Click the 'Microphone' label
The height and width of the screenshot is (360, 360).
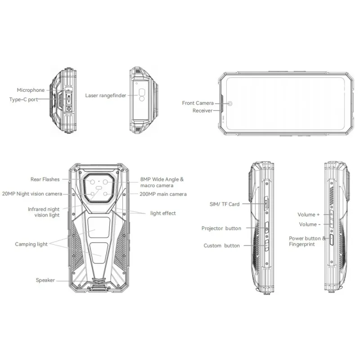[31, 90]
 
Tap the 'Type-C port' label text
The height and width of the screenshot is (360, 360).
[24, 99]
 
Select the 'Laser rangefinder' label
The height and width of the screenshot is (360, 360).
[106, 95]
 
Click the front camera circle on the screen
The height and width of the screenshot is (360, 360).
[230, 103]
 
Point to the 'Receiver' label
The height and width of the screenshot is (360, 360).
[202, 111]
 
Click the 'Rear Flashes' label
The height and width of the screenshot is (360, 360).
[45, 179]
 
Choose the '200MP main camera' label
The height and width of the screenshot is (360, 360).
[163, 194]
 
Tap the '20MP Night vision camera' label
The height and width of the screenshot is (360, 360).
[32, 194]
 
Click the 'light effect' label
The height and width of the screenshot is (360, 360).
[163, 213]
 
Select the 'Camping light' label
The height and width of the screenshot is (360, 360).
[31, 244]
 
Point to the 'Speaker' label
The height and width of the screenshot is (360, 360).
[45, 280]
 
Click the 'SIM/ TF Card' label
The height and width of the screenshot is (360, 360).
[225, 204]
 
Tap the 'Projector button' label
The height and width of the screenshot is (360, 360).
[221, 228]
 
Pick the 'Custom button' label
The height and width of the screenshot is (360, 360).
[221, 246]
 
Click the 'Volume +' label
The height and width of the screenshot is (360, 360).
[309, 215]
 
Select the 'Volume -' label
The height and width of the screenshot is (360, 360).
[310, 224]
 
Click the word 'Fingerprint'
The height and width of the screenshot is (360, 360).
[301, 244]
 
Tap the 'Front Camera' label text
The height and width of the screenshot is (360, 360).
[198, 103]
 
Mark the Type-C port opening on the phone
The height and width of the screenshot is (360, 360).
[69, 99]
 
